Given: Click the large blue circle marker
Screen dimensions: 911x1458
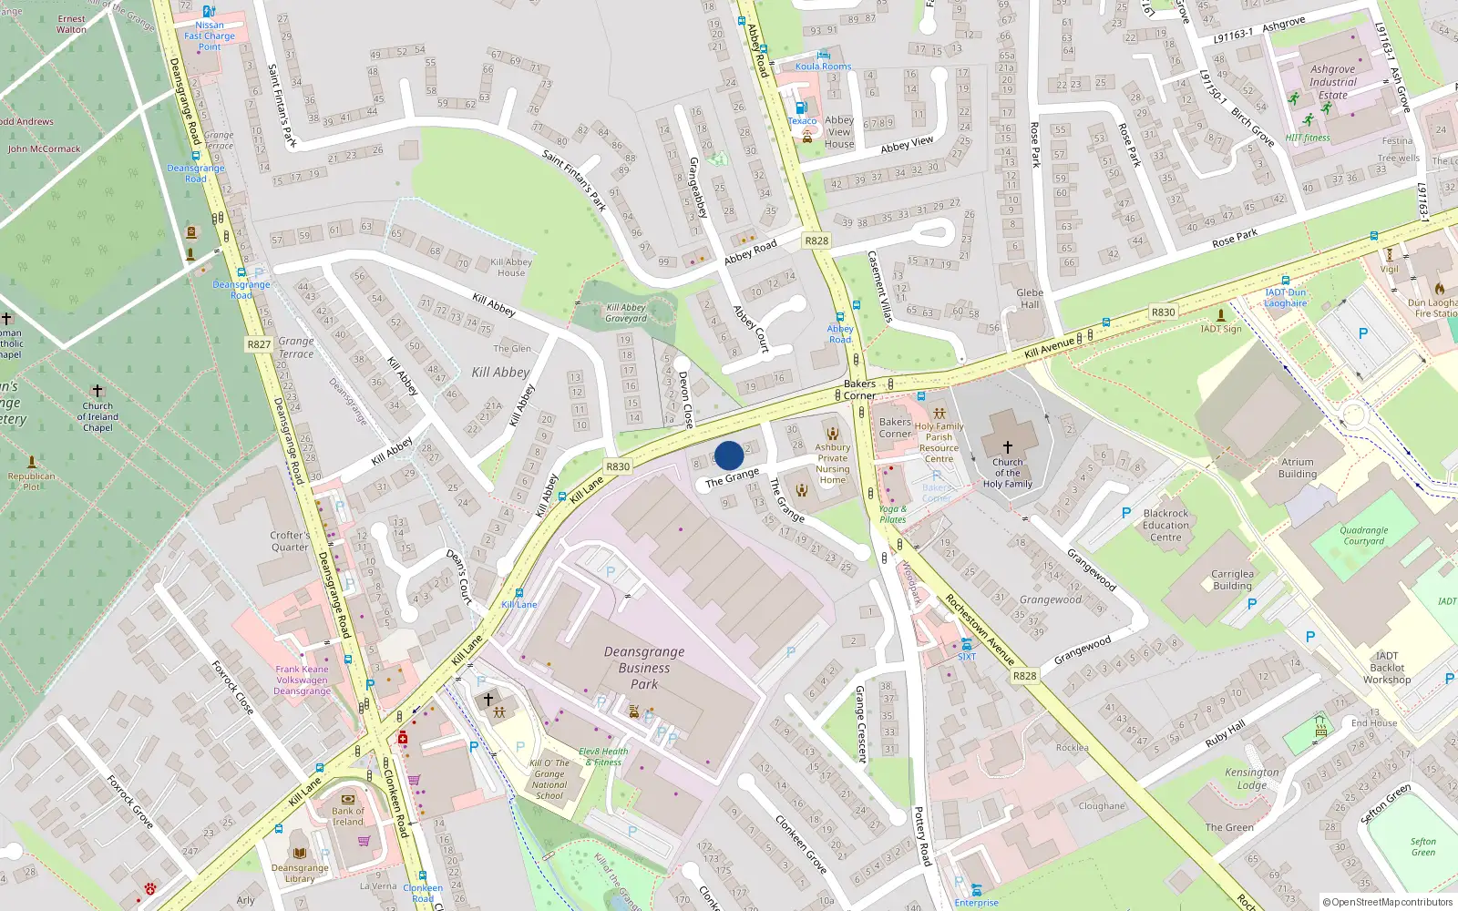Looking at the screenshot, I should coord(728,455).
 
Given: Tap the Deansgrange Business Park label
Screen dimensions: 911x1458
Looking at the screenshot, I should coord(643,668).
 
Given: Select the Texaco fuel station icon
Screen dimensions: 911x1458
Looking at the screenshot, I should coord(801,107).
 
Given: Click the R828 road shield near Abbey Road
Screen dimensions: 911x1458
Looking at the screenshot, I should coord(816,241).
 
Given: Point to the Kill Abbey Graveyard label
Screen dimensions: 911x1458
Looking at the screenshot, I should coord(626,312).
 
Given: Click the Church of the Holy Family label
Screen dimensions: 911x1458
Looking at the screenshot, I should coord(1007,473).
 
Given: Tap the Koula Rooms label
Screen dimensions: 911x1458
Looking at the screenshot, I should coord(823,67).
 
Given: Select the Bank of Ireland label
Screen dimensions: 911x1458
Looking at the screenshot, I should coord(347,816).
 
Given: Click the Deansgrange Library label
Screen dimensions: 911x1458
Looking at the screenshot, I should coord(299,873).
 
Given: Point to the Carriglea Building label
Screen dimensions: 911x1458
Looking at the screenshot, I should coord(1232,579).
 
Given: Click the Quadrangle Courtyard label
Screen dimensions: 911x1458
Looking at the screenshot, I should coord(1363,536).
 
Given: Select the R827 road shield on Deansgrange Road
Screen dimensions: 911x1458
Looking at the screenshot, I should coord(259,344).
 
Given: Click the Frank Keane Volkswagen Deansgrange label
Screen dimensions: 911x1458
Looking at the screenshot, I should coord(302,680).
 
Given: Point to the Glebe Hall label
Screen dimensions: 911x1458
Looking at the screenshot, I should coord(1030,299).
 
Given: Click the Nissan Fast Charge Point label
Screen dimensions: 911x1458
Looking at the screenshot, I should coord(210,36).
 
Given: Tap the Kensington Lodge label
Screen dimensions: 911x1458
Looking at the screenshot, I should coord(1251,778).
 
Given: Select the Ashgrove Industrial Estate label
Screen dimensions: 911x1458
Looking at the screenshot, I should coord(1332,82).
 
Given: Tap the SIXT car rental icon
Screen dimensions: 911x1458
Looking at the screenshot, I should coord(966,644).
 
